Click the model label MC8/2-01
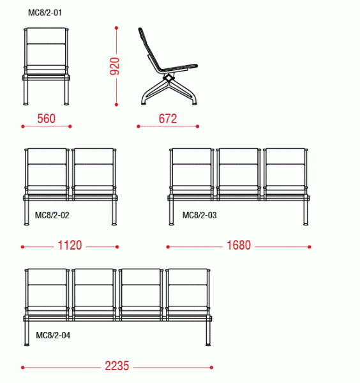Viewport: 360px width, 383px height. pyautogui.click(x=45, y=13)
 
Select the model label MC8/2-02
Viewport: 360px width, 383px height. pyautogui.click(x=52, y=215)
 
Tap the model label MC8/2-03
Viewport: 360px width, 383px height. pyautogui.click(x=199, y=215)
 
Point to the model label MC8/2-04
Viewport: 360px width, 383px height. pyautogui.click(x=53, y=335)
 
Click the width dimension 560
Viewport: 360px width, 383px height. pyautogui.click(x=47, y=119)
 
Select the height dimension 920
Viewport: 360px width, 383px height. pyautogui.click(x=114, y=66)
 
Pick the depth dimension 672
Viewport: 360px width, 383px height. pyautogui.click(x=168, y=119)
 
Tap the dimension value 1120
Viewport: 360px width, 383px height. pyautogui.click(x=70, y=245)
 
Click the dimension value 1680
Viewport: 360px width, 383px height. pyautogui.click(x=239, y=245)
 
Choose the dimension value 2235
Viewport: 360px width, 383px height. pyautogui.click(x=117, y=366)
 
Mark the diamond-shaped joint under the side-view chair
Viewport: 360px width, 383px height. pyautogui.click(x=168, y=78)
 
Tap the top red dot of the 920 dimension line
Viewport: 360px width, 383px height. pyautogui.click(x=117, y=28)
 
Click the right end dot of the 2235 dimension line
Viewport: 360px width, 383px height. pyautogui.click(x=211, y=368)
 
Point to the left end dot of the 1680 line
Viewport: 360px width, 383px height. pyautogui.click(x=168, y=247)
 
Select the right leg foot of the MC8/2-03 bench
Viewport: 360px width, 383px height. pyautogui.click(x=306, y=224)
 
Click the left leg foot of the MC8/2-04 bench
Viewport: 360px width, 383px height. pyautogui.click(x=27, y=345)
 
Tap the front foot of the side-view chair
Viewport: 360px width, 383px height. pyautogui.click(x=195, y=103)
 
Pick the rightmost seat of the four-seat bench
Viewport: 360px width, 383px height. pyautogui.click(x=188, y=294)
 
